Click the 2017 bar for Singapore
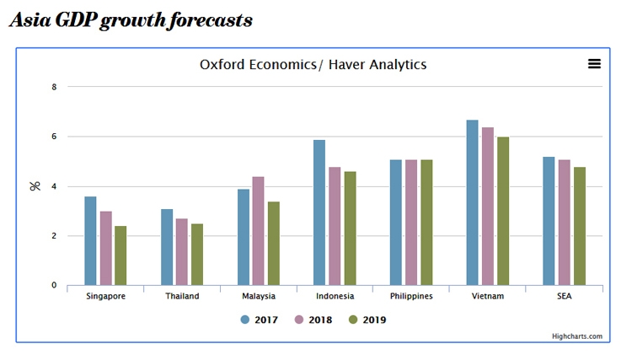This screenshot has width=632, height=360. click(90, 241)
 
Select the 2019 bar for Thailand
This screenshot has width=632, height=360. click(197, 255)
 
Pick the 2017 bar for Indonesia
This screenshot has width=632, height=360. click(319, 212)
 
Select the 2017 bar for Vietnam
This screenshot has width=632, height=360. click(472, 202)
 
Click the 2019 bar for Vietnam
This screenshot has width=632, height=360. click(503, 211)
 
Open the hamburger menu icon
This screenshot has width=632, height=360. click(594, 64)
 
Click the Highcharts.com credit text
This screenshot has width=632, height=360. click(577, 336)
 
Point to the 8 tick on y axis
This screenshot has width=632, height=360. click(54, 87)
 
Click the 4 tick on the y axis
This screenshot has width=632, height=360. click(54, 186)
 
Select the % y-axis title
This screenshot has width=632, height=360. click(35, 185)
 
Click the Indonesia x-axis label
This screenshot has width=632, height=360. click(335, 297)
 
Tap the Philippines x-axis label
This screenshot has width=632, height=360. click(411, 297)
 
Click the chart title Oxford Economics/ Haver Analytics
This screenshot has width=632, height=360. click(313, 64)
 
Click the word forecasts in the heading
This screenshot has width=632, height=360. click(202, 20)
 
